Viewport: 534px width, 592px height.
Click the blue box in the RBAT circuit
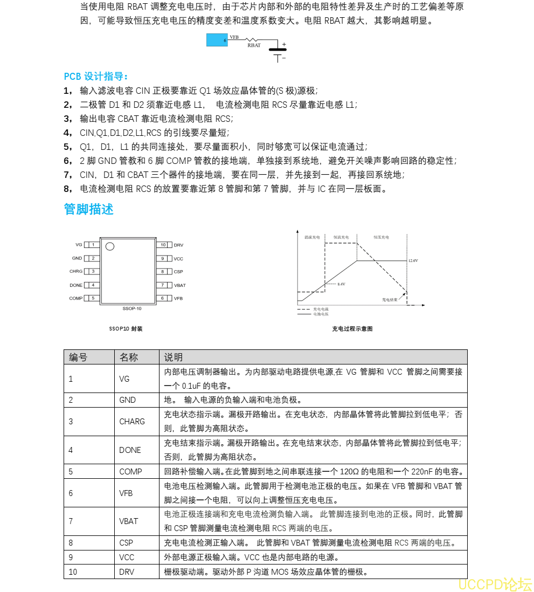pos(217,39)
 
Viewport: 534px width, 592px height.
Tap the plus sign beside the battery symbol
pos(284,45)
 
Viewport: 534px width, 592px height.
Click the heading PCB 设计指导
pos(96,76)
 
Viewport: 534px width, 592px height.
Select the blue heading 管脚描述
pos(88,209)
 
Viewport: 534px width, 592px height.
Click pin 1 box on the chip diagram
pos(93,245)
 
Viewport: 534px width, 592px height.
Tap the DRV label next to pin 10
pos(178,245)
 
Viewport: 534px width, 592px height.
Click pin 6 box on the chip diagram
pos(163,298)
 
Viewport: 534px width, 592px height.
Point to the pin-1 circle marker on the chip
pos(110,247)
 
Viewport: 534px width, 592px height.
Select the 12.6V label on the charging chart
pos(413,260)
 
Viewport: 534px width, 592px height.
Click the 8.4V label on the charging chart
pos(341,284)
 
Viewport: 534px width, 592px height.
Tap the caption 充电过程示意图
pos(352,329)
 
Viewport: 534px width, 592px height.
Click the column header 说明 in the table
pos(174,357)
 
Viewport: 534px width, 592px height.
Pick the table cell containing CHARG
pos(132,422)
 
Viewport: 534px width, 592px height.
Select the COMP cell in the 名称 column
pos(131,472)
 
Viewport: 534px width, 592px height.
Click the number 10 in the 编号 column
pos(73,572)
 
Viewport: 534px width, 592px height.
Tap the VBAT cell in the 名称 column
pos(129,521)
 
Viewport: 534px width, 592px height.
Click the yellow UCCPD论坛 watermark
pos(495,584)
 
